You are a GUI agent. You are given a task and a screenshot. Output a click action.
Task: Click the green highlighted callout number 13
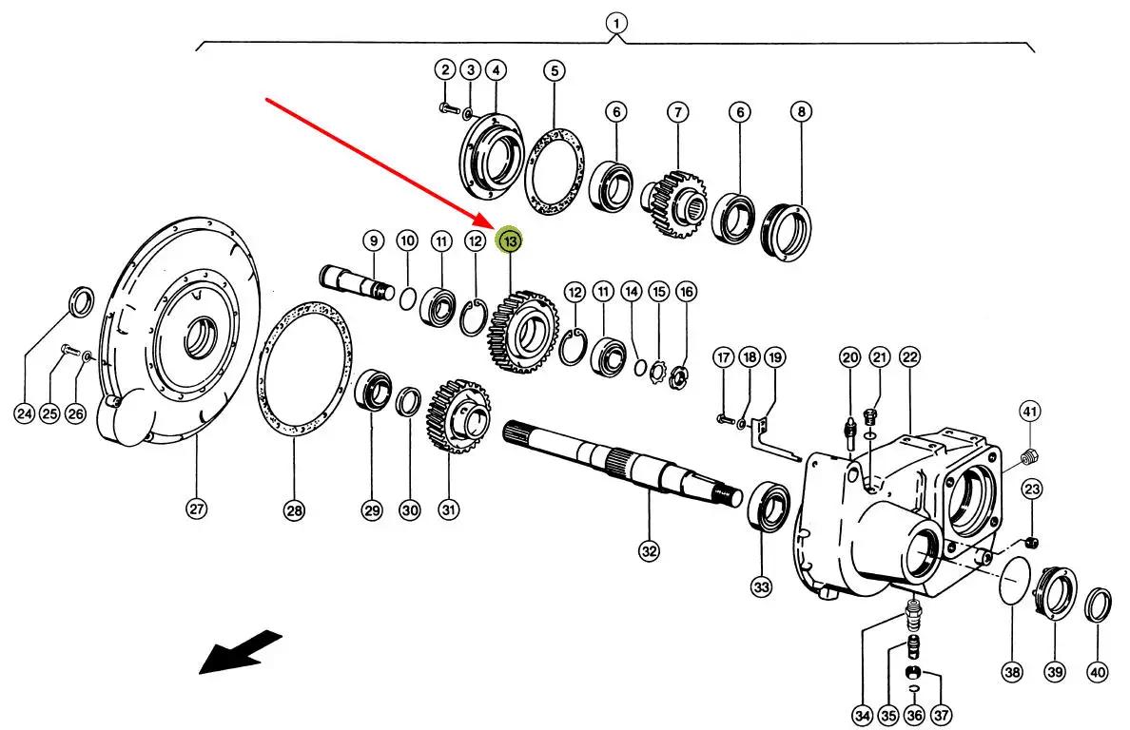tap(511, 242)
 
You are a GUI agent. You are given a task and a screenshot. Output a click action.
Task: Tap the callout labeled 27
tap(195, 509)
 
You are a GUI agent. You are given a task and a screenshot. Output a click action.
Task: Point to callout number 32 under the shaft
tap(648, 550)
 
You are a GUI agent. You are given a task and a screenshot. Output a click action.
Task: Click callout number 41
tap(1030, 412)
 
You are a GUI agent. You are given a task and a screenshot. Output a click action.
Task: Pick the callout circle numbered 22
tap(909, 357)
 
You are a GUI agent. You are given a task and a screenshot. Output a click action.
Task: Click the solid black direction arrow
tap(240, 653)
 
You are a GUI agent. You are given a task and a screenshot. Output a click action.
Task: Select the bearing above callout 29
tap(373, 392)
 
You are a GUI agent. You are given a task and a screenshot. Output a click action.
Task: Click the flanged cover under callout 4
tap(494, 155)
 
